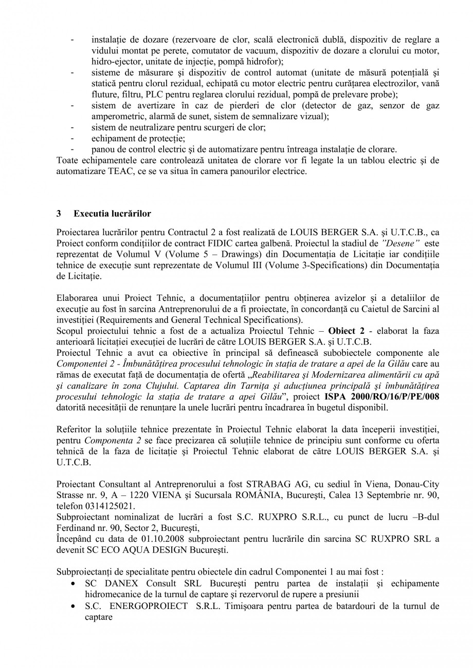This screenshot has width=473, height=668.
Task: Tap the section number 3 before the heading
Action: point(59,213)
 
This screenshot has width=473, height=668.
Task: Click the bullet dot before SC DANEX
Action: point(75,583)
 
